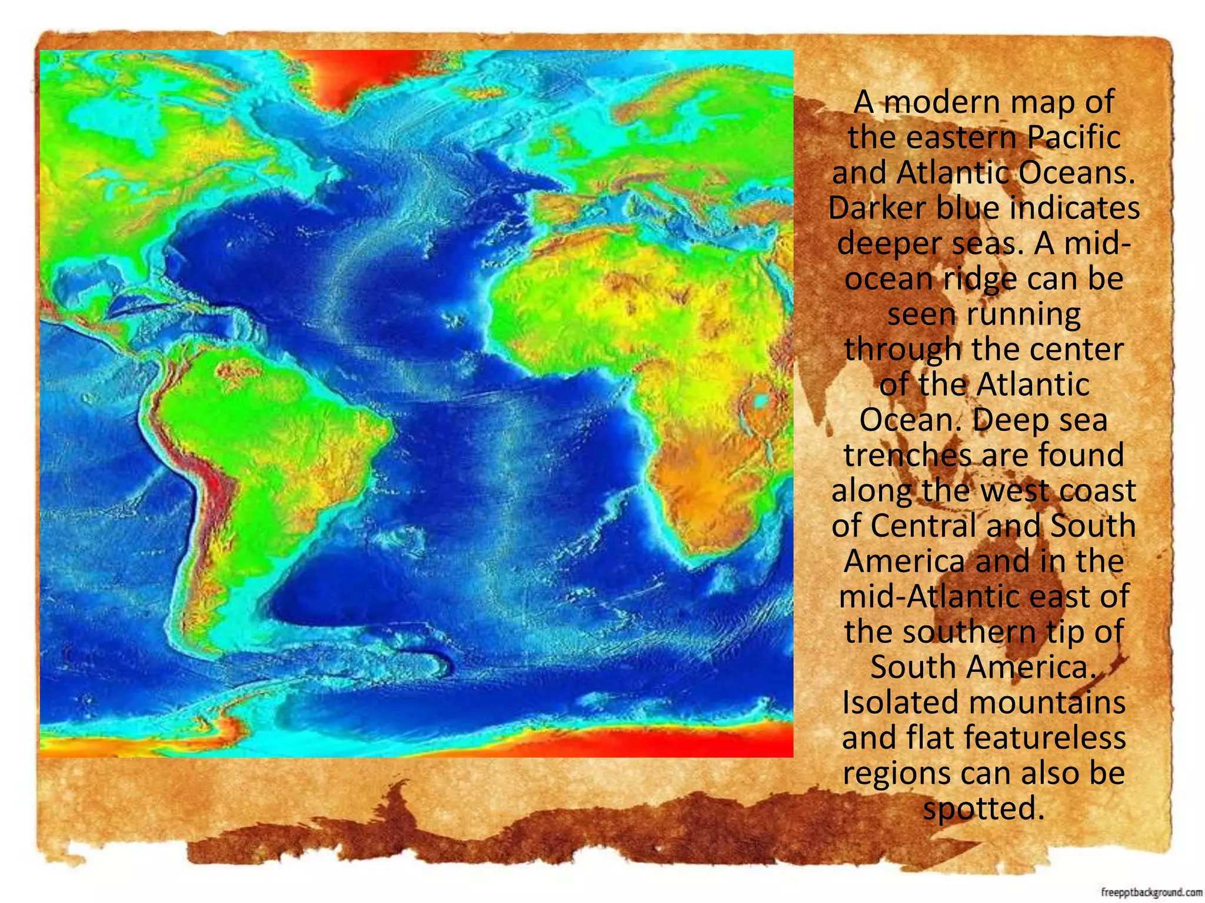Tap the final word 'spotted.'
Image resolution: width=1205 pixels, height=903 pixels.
(x=983, y=809)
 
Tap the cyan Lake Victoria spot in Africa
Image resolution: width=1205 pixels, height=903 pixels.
(x=761, y=402)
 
